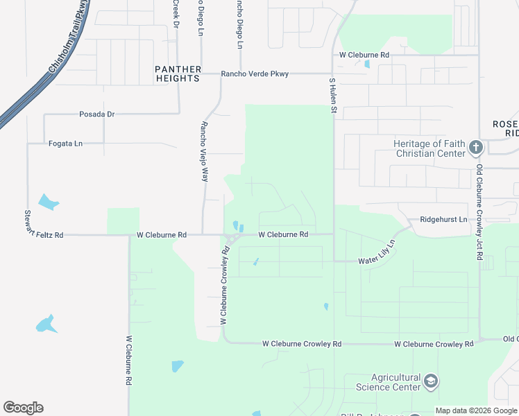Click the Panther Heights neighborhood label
[x=178, y=73]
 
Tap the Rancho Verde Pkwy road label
[x=255, y=73]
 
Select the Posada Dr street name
[x=96, y=114]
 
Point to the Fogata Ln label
[x=65, y=144]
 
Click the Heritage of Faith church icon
[x=475, y=147]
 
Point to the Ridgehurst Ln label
[x=443, y=219]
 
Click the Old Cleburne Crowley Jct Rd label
[x=479, y=211]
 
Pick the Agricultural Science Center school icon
[x=431, y=381]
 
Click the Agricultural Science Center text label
[x=388, y=382]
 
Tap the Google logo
[x=23, y=408]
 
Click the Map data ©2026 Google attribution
[x=476, y=410]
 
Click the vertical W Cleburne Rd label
[x=129, y=361]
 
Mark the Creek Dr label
[x=176, y=14]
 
